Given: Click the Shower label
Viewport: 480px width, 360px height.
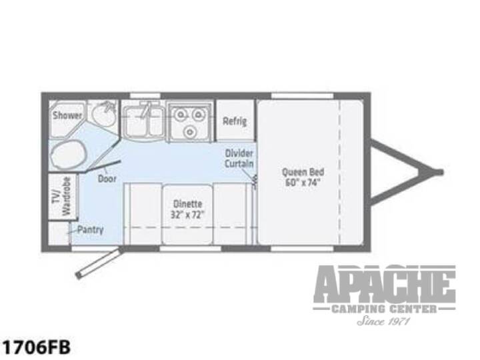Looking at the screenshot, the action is pyautogui.click(x=67, y=115).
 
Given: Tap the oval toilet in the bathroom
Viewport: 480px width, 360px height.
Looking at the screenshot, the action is pyautogui.click(x=68, y=155).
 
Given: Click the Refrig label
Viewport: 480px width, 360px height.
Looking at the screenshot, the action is pyautogui.click(x=235, y=121).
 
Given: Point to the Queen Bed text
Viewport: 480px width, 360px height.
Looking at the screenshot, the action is pyautogui.click(x=303, y=172).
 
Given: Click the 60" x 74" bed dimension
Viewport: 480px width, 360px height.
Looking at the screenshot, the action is pyautogui.click(x=303, y=183).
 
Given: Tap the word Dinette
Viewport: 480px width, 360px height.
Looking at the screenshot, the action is pyautogui.click(x=187, y=204).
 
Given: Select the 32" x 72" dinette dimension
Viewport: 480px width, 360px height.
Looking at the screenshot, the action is pyautogui.click(x=187, y=215).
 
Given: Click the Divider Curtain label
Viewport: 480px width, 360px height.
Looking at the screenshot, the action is pyautogui.click(x=239, y=159).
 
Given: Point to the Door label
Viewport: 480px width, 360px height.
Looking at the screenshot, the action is pyautogui.click(x=107, y=179).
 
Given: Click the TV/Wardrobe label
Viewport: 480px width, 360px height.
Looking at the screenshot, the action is pyautogui.click(x=64, y=196).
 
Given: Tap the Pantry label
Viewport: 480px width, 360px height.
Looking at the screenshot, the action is pyautogui.click(x=90, y=229).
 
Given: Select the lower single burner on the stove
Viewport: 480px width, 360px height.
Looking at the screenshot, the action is pyautogui.click(x=190, y=132).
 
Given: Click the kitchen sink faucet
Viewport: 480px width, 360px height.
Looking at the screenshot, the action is pyautogui.click(x=145, y=109).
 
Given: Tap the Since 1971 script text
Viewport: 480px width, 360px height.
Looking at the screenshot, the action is pyautogui.click(x=383, y=321).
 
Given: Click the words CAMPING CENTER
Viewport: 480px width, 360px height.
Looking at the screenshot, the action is pyautogui.click(x=385, y=309).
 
